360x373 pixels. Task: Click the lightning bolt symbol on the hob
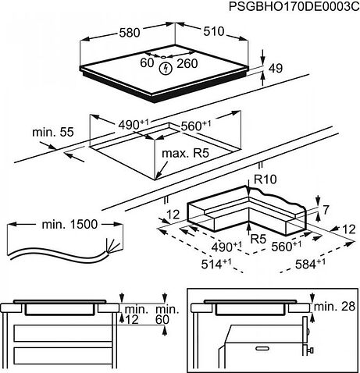click(164, 69)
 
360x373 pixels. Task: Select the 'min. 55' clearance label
click(51, 133)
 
